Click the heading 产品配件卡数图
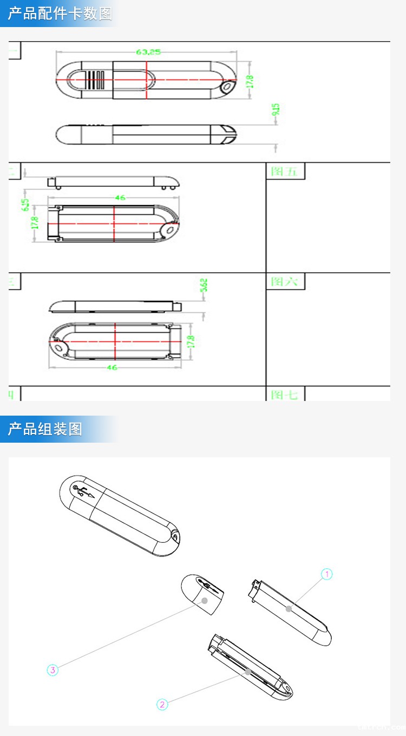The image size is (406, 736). click(60, 14)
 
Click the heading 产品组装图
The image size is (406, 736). click(45, 429)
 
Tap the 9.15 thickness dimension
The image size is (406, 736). click(276, 110)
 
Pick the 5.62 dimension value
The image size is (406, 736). click(204, 286)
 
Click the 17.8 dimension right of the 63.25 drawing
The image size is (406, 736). click(250, 81)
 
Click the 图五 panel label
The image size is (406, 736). click(285, 172)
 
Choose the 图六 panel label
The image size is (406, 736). click(285, 281)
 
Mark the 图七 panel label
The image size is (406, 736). click(285, 395)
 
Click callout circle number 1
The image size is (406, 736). click(326, 574)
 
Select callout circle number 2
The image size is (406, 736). click(162, 705)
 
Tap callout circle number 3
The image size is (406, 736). click(53, 670)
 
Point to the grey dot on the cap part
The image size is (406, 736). click(205, 601)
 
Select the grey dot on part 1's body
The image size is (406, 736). click(289, 609)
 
